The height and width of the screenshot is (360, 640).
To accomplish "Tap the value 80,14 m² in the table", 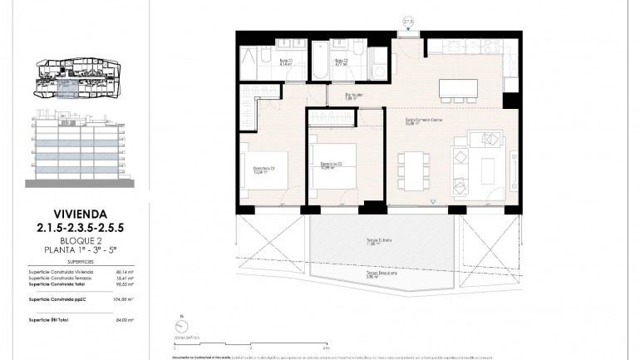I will [x=125, y=270].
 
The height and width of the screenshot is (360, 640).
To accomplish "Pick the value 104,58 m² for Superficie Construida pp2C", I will [x=124, y=298].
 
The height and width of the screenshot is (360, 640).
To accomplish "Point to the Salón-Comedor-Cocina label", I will [x=424, y=120].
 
